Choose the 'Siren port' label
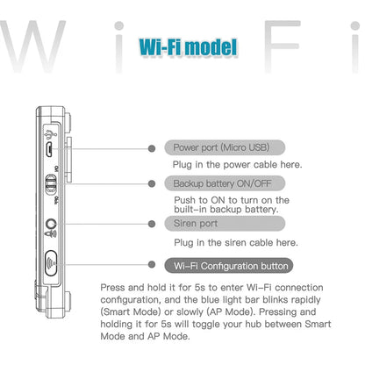point(197,224)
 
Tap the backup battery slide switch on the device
point(51,184)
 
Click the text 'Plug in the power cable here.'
point(237,164)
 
